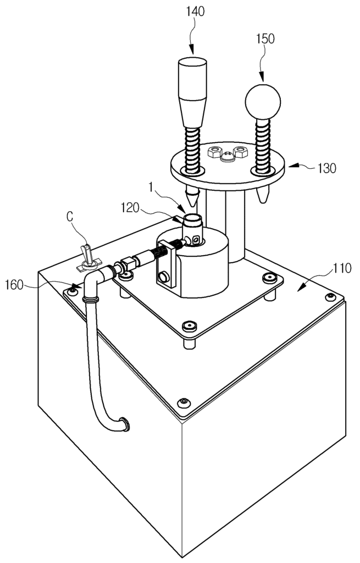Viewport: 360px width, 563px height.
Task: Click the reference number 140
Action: point(195,11)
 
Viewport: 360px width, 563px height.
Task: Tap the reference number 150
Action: point(265,38)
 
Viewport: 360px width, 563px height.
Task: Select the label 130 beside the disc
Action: point(326,168)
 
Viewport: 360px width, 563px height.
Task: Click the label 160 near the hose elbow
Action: point(15,285)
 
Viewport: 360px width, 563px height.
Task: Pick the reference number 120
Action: point(130,207)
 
